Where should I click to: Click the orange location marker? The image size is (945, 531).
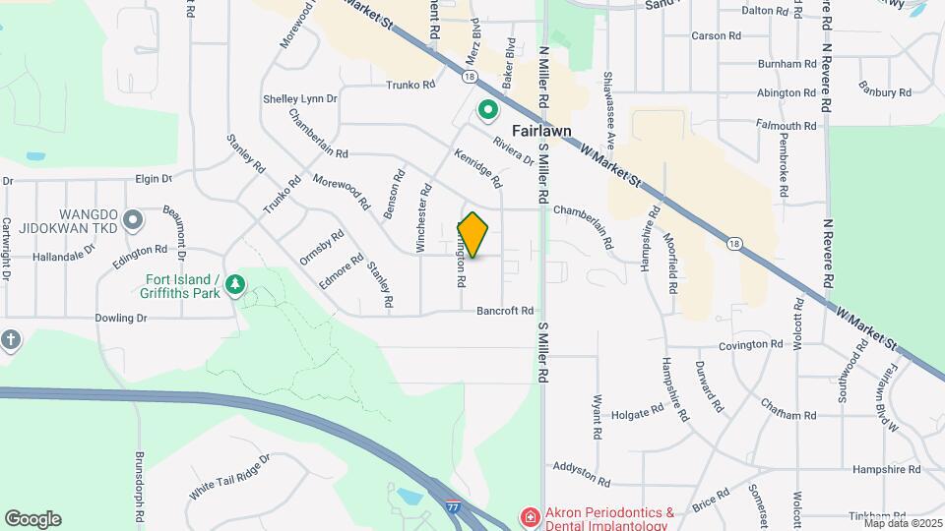coord(473,235)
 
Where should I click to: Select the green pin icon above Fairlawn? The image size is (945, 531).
coord(486,110)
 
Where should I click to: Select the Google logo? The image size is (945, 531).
coord(32,519)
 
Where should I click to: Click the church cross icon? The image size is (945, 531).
coord(11,340)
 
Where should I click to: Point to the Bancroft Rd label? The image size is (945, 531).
coord(505,310)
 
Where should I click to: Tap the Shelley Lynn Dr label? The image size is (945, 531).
coord(300,99)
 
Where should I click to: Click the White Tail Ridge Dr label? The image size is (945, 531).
coord(228,477)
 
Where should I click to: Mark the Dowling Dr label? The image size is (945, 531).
coord(121,319)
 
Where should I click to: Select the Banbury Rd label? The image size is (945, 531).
coord(884,92)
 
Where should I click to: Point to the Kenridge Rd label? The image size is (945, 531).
coord(478,168)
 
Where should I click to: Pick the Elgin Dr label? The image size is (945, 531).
coord(154,179)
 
